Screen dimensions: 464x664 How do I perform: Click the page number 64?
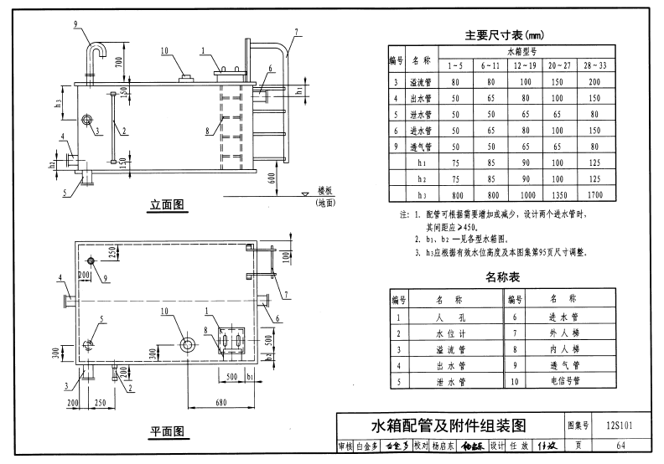620,445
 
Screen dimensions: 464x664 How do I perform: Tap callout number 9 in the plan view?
106,277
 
